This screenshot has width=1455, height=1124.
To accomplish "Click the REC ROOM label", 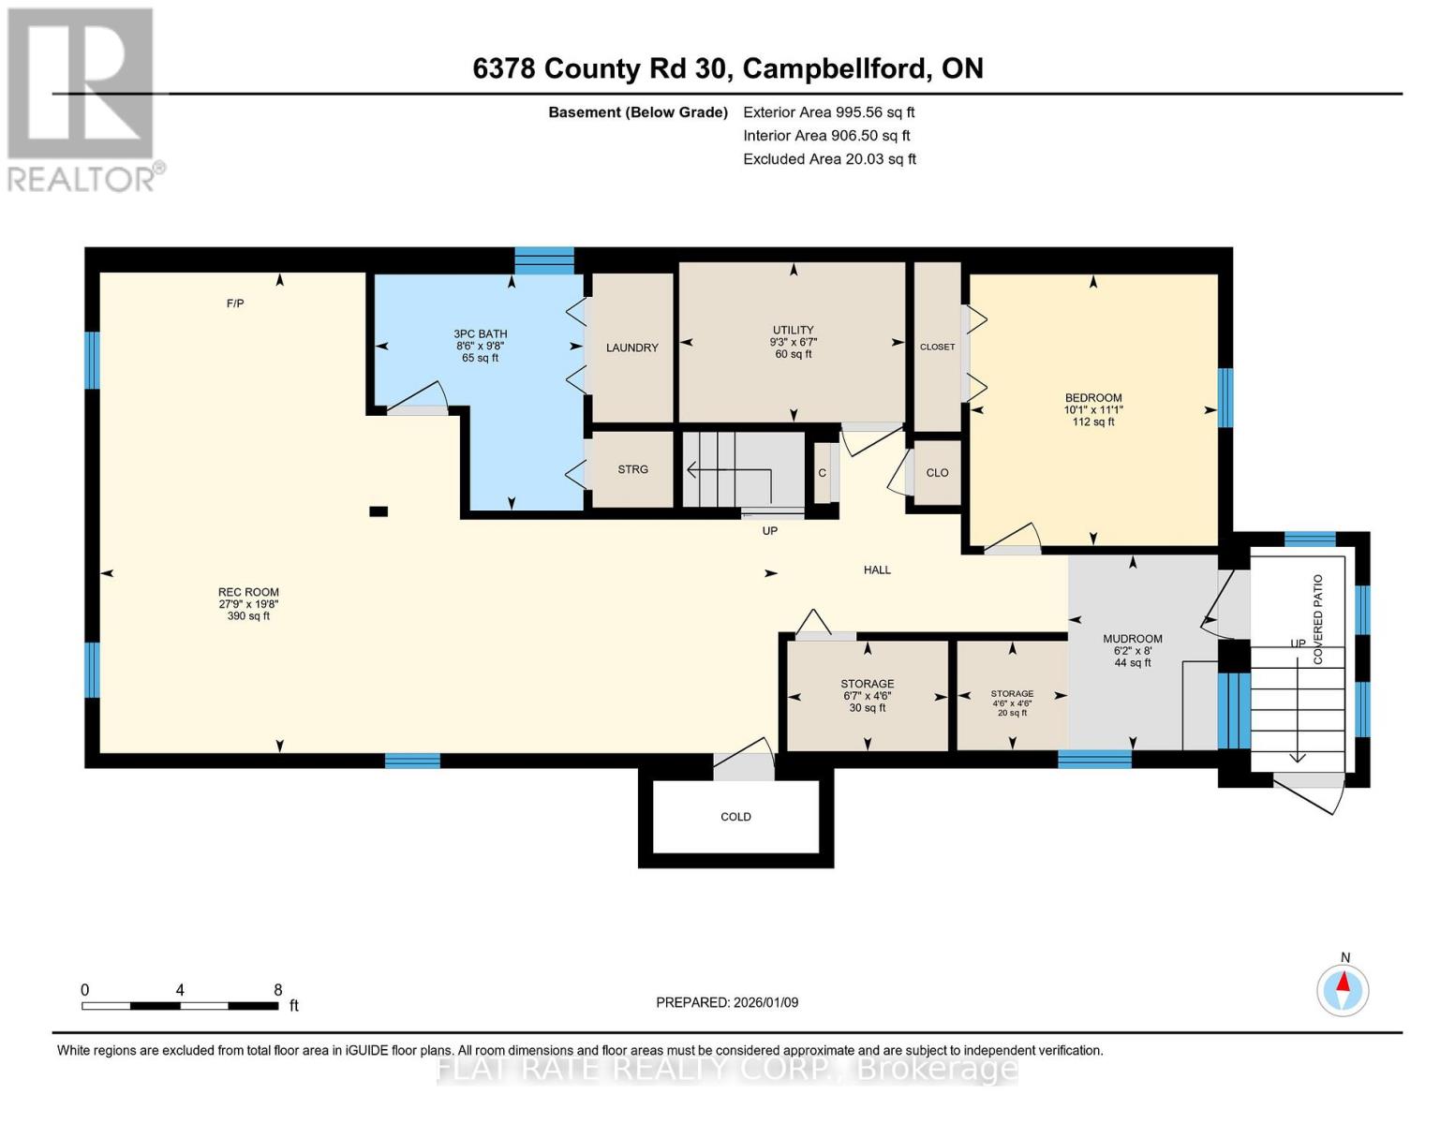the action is pyautogui.click(x=247, y=593).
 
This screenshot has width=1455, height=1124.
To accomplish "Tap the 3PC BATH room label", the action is pyautogui.click(x=480, y=334).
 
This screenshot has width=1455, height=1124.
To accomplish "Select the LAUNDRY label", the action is pyautogui.click(x=632, y=348).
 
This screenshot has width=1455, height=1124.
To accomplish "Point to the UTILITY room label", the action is pyautogui.click(x=793, y=330).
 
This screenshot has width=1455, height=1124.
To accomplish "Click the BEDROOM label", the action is pyautogui.click(x=1092, y=398).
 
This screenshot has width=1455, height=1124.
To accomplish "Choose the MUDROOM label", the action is pyautogui.click(x=1133, y=639).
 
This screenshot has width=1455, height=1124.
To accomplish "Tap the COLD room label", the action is pyautogui.click(x=735, y=817).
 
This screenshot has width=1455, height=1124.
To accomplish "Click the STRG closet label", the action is pyautogui.click(x=632, y=469).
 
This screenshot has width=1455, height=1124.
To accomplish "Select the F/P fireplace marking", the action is pyautogui.click(x=235, y=303).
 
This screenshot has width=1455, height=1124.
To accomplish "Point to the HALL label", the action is pyautogui.click(x=877, y=569).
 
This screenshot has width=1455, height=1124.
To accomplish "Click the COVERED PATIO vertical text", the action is pyautogui.click(x=1317, y=619).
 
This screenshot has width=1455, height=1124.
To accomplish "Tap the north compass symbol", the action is pyautogui.click(x=1343, y=990).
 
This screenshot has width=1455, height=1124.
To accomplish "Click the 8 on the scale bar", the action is pyautogui.click(x=278, y=989).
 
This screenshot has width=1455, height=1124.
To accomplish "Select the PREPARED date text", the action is pyautogui.click(x=726, y=1002).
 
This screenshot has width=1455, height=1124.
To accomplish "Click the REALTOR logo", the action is pyautogui.click(x=82, y=100).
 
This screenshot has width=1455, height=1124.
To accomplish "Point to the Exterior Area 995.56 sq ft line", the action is pyautogui.click(x=828, y=112).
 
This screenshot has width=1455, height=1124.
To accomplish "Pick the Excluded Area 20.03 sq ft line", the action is pyautogui.click(x=829, y=159).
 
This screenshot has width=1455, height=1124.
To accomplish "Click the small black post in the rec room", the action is pyautogui.click(x=379, y=511).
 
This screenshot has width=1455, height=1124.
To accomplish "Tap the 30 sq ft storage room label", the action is pyautogui.click(x=868, y=696).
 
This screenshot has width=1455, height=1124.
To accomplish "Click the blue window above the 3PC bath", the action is pyautogui.click(x=543, y=260).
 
